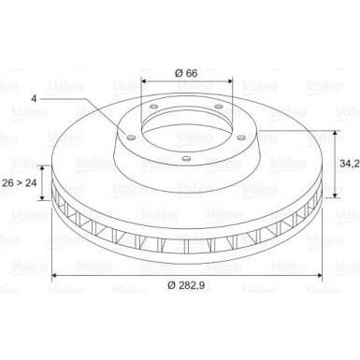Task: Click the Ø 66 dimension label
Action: [186, 73]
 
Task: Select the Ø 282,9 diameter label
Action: [186, 285]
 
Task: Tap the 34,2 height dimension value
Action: [350, 164]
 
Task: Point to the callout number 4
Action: [34, 98]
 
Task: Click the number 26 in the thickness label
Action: [8, 182]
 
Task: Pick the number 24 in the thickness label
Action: [31, 182]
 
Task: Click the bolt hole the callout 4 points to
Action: [131, 137]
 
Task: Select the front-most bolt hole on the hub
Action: [186, 159]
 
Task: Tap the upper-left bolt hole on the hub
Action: [153, 108]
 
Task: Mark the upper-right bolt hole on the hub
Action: [219, 107]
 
